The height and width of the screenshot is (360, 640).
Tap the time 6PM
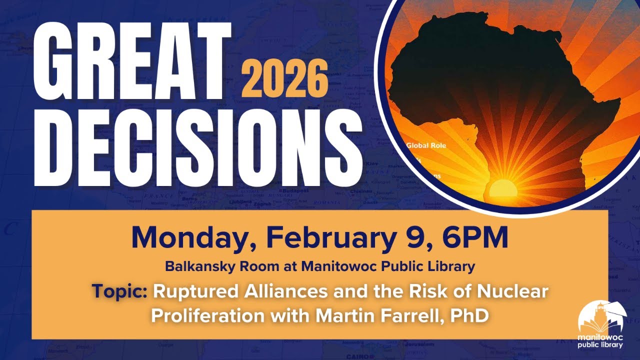click(475, 238)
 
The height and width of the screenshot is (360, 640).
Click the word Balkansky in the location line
click(196, 266)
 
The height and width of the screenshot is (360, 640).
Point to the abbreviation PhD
click(469, 315)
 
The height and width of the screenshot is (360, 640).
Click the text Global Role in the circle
click(425, 146)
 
